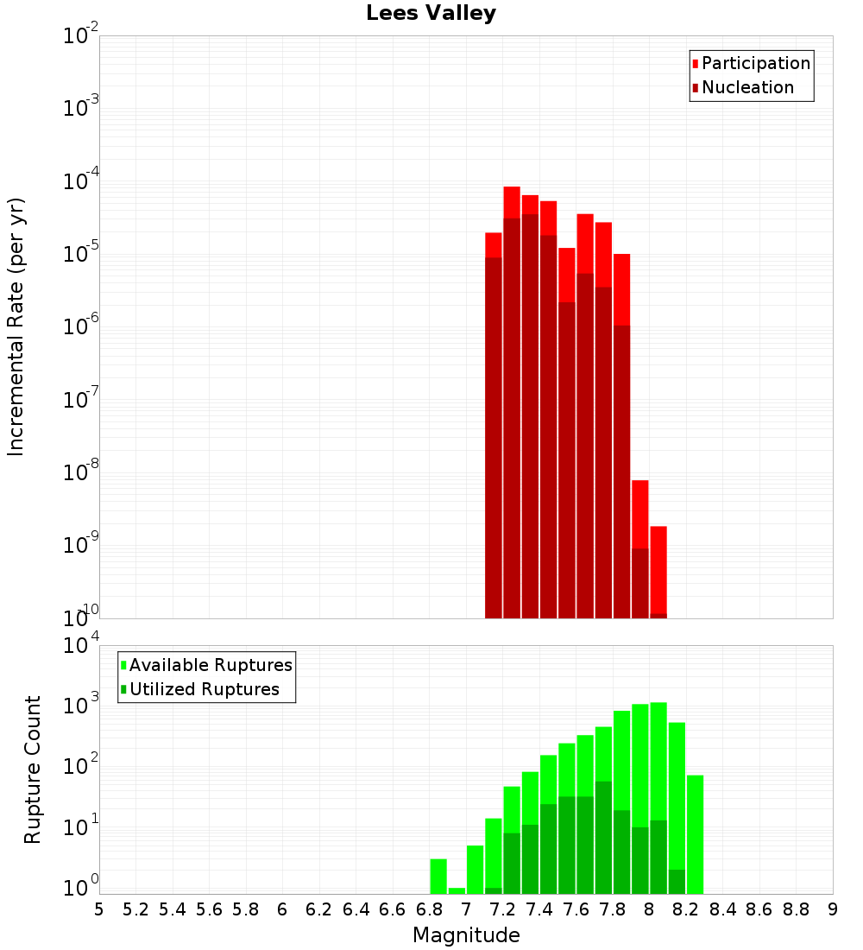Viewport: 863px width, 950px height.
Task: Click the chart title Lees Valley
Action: click(x=431, y=14)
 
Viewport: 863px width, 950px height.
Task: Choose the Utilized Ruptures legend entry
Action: click(x=204, y=689)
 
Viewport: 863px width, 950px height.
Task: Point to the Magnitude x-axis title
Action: click(x=466, y=935)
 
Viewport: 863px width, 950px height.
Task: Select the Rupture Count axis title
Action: click(x=33, y=769)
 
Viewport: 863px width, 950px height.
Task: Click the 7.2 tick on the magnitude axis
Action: click(x=502, y=909)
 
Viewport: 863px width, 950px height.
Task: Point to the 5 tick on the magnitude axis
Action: click(x=99, y=909)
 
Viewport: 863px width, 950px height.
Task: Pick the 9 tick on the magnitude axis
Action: click(x=833, y=909)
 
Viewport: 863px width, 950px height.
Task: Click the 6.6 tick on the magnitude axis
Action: click(x=393, y=909)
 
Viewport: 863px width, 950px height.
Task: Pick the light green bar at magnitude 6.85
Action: click(x=438, y=876)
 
